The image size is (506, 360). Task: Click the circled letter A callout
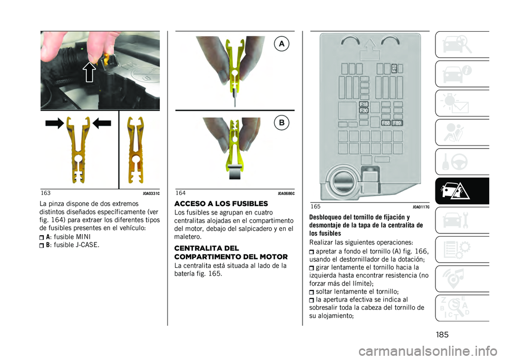point(281,44)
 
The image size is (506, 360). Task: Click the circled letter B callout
point(281,123)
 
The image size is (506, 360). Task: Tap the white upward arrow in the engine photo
point(90,72)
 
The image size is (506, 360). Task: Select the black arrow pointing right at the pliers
point(54,123)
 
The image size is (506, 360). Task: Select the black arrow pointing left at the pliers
point(102,123)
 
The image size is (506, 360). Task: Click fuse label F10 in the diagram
point(394,69)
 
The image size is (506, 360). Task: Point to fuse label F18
point(364,104)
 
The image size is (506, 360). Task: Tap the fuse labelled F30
point(364,110)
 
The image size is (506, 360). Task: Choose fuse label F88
point(386,123)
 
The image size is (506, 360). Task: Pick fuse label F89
point(397,123)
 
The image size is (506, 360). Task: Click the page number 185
point(442,335)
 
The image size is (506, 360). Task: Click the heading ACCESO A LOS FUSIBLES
point(221,203)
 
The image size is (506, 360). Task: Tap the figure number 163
point(46,193)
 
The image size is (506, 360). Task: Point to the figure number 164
point(181,193)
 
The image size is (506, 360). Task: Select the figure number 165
point(316,206)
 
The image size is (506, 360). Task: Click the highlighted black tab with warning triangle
point(462,191)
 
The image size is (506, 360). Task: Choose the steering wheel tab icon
point(455,162)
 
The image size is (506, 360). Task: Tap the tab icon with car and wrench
point(455,220)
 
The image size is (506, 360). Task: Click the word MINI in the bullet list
point(83,237)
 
